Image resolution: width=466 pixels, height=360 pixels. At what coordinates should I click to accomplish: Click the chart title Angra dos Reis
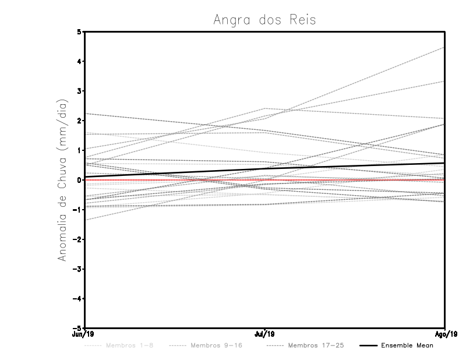pos(265,20)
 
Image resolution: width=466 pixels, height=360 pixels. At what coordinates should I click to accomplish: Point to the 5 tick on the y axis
pos(79,31)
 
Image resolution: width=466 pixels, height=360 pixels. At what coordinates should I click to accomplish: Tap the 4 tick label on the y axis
pos(79,61)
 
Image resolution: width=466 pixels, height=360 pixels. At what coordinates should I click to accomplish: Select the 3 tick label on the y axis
pos(79,91)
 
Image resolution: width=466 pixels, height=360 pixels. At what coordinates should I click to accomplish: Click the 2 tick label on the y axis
pos(79,121)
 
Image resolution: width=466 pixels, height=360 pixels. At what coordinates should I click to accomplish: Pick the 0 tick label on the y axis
pos(79,180)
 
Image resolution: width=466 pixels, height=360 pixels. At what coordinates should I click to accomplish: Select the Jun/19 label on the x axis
pos(85,334)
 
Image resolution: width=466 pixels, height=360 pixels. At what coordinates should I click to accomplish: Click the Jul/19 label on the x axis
pos(265,334)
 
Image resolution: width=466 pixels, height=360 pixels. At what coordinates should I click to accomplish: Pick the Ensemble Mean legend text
pos(407,345)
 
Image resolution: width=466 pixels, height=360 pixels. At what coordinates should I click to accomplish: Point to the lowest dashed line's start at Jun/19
pos(85,220)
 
